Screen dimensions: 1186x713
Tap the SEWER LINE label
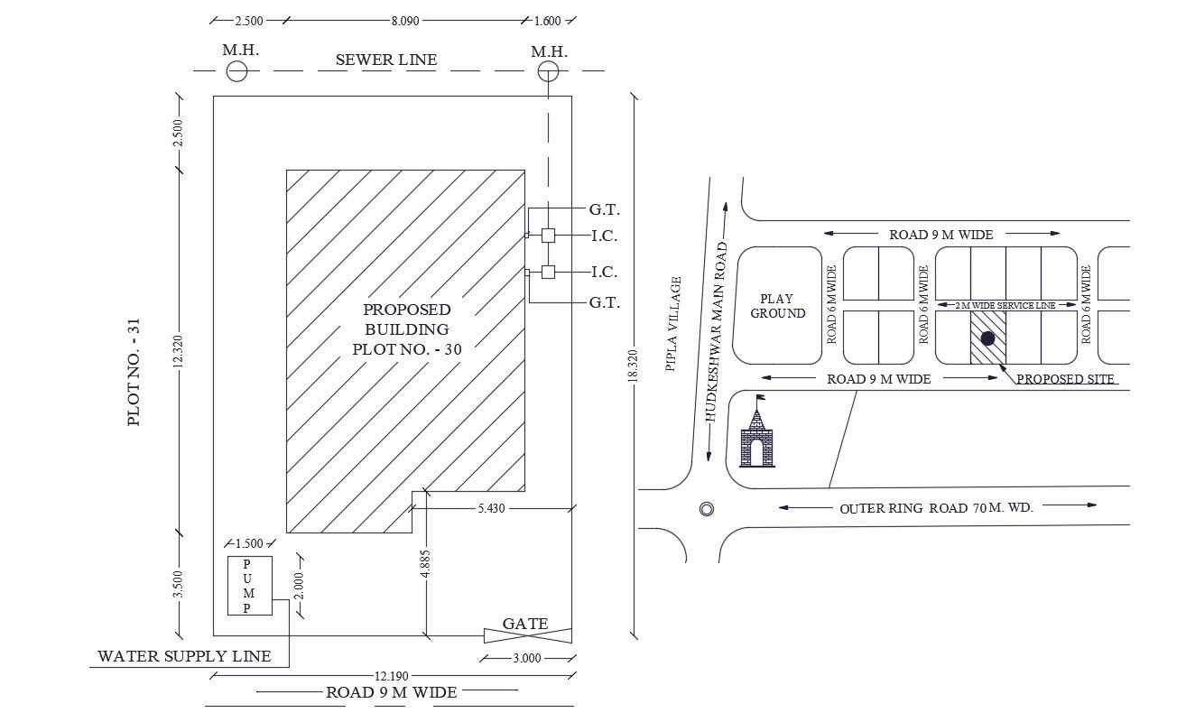coord(386,60)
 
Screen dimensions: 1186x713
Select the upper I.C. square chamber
coord(548,235)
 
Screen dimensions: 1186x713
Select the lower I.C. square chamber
coord(548,272)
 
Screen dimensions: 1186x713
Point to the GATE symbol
coord(528,635)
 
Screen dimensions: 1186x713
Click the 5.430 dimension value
coord(491,508)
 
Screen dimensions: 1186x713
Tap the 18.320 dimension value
coord(632,366)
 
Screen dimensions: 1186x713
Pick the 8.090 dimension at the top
coord(405,21)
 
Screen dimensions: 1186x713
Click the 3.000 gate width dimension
coord(527,659)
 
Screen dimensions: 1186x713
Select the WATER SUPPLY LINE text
coord(184,656)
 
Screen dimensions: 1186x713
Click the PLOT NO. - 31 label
coord(134,372)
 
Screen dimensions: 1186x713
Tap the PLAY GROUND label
coord(777,306)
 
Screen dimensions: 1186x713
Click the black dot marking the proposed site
coord(987,338)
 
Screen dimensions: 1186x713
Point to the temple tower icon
coord(756,431)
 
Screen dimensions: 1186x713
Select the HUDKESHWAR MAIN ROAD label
coord(717,332)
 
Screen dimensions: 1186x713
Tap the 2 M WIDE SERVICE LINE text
coord(1005,305)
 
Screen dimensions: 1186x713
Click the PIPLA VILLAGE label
coord(673,324)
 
